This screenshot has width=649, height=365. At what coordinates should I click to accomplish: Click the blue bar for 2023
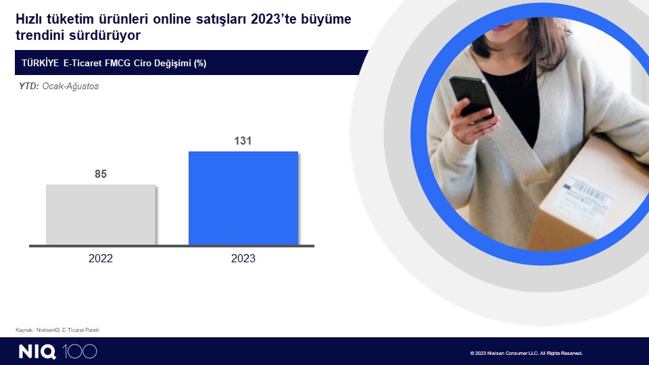(243, 198)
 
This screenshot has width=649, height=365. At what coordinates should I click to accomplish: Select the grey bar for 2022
(101, 214)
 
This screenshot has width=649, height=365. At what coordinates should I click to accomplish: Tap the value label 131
(243, 141)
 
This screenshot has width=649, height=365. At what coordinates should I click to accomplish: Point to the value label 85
(101, 174)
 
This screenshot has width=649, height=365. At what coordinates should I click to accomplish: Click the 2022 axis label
(101, 258)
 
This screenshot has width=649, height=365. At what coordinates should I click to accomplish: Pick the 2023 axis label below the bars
(243, 258)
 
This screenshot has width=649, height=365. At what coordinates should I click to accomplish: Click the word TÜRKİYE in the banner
(40, 63)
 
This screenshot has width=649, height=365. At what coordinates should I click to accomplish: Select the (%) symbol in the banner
(200, 64)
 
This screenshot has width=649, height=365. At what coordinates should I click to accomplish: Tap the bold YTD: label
(29, 86)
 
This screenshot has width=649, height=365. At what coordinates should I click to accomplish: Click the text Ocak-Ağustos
(70, 87)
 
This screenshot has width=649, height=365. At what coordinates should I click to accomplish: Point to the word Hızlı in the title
(28, 19)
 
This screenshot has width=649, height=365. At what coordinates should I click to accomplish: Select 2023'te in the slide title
(274, 19)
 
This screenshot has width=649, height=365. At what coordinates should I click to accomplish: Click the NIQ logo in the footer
(37, 351)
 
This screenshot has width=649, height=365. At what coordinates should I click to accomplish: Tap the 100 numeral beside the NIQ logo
(80, 351)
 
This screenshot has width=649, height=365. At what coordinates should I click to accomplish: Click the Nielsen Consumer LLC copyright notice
(527, 353)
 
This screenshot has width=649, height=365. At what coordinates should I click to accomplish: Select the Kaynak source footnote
(57, 330)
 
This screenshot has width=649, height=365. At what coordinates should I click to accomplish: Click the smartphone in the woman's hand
(472, 97)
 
